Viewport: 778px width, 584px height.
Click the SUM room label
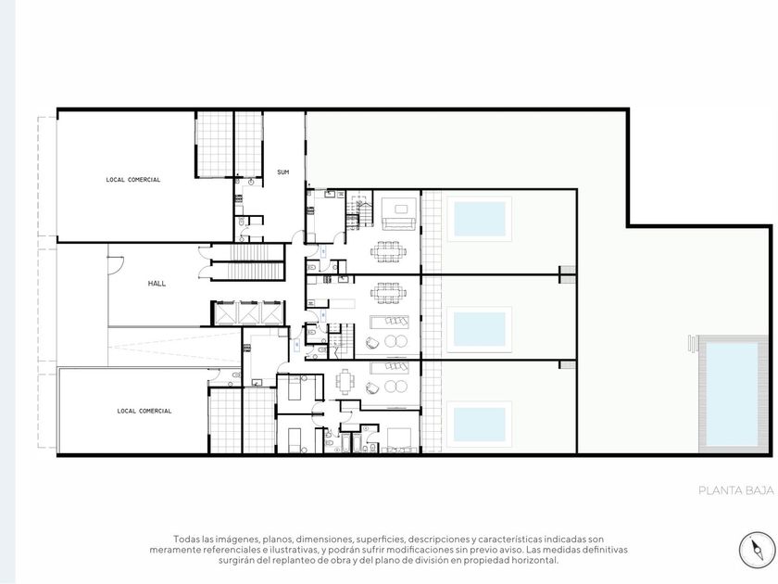click(x=282, y=172)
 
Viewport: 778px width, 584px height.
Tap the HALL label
click(x=157, y=284)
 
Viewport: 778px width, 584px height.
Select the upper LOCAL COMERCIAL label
click(x=133, y=180)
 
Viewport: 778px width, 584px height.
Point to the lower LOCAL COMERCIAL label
click(x=144, y=412)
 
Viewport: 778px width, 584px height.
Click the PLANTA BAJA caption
click(x=735, y=490)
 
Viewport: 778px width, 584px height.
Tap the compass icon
click(x=758, y=550)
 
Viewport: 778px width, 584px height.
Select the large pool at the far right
click(x=732, y=394)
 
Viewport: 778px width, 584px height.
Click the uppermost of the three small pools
click(x=480, y=219)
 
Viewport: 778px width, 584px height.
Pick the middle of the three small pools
click(x=480, y=329)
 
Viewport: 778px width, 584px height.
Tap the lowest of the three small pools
click(x=480, y=425)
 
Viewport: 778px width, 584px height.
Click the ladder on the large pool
click(x=694, y=343)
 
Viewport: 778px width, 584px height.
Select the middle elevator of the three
click(x=247, y=313)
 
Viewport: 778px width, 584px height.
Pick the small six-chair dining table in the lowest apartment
click(x=345, y=383)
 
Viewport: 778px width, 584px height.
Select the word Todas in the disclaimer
click(x=183, y=539)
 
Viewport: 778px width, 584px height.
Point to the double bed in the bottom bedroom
click(x=398, y=440)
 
